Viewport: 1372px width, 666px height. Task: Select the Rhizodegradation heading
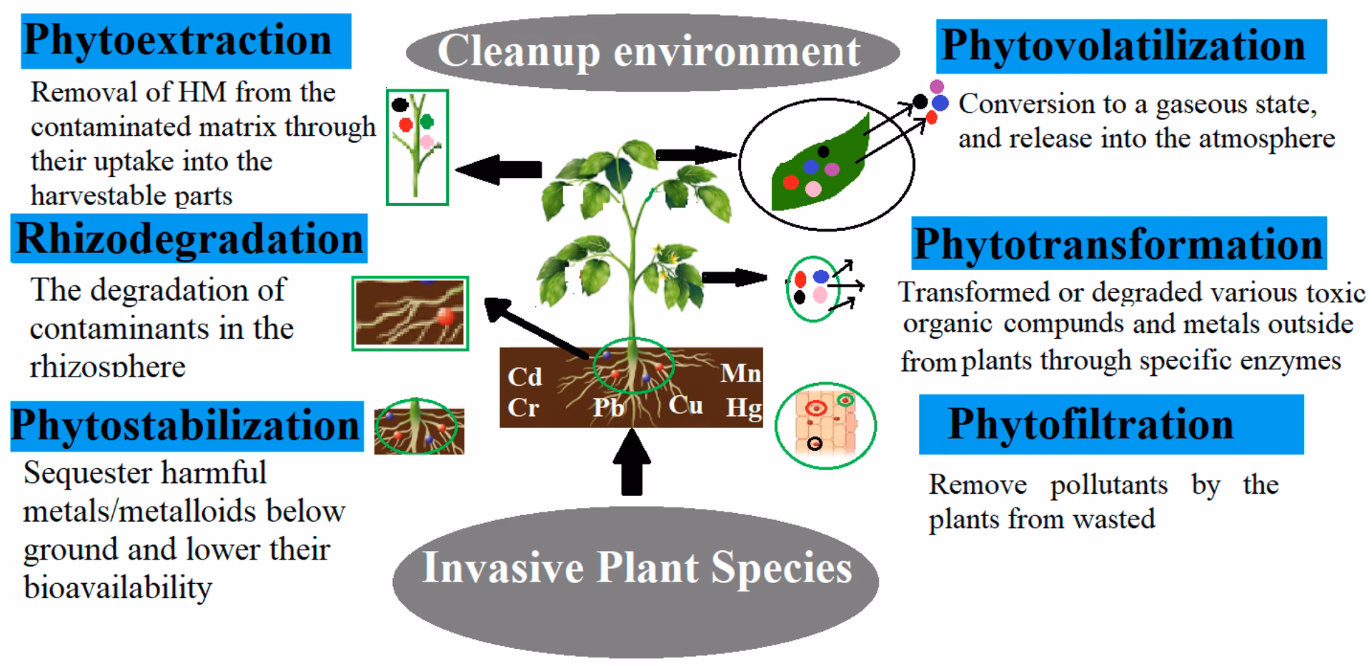(189, 239)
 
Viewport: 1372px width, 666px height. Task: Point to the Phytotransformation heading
(1118, 244)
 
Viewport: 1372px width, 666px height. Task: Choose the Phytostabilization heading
(186, 426)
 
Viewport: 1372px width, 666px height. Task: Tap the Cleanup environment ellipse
(652, 51)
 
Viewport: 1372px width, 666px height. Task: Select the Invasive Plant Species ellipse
(636, 569)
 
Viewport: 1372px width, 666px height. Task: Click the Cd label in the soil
(525, 377)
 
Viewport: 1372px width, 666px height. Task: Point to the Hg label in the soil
(743, 408)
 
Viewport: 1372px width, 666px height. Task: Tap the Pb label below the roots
(608, 408)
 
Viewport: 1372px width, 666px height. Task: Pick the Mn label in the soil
(740, 373)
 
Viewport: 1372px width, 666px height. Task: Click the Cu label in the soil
(685, 405)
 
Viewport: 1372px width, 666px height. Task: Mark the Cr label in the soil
(523, 408)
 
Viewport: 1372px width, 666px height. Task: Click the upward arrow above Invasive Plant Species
(632, 462)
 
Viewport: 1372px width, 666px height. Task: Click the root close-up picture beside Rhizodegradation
(409, 313)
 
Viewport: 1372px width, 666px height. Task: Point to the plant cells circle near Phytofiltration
(825, 425)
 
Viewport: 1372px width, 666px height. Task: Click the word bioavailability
(118, 587)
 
